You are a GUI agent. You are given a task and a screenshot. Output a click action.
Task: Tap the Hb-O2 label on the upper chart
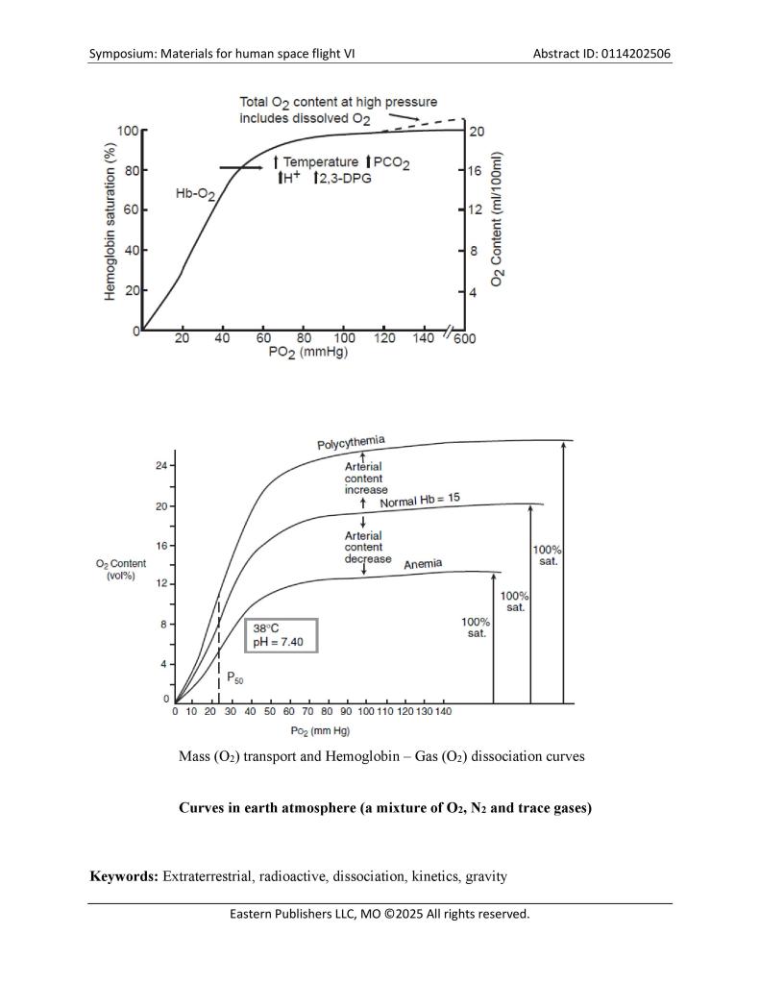(x=195, y=194)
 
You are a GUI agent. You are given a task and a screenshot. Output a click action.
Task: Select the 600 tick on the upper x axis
(x=465, y=338)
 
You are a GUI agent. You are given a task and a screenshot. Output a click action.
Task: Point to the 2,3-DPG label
(x=342, y=178)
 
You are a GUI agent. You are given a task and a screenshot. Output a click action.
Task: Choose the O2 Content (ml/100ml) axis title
(x=498, y=220)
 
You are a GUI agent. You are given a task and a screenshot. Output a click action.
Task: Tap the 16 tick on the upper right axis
(x=475, y=170)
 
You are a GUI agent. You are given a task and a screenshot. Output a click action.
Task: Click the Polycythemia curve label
(x=351, y=443)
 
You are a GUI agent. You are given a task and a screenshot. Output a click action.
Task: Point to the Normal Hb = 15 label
(x=420, y=501)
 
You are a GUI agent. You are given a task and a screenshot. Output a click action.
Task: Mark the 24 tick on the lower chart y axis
(x=161, y=466)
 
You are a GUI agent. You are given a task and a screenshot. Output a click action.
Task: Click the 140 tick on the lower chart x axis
(x=442, y=711)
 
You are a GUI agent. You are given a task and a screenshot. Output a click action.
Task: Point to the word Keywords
(x=123, y=876)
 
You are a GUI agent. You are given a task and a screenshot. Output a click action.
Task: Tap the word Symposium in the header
(x=126, y=53)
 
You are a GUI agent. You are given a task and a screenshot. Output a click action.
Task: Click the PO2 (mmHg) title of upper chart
(x=306, y=353)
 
